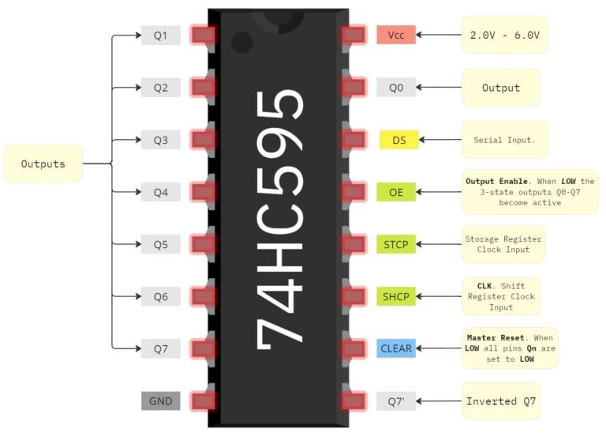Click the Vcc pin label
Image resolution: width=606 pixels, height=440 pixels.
click(395, 35)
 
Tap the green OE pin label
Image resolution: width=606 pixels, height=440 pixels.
click(395, 192)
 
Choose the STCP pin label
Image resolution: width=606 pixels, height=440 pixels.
click(395, 244)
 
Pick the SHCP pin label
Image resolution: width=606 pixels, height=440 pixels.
click(395, 296)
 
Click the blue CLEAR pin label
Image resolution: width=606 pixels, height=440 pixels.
click(395, 348)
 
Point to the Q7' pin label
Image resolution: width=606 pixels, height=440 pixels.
click(395, 401)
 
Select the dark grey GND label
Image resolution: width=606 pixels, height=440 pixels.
click(160, 401)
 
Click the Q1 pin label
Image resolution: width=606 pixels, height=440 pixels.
click(160, 36)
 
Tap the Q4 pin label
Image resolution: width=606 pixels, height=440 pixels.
click(160, 192)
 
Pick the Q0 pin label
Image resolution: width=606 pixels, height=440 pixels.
click(395, 88)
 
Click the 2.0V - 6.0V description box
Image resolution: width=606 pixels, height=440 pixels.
click(504, 35)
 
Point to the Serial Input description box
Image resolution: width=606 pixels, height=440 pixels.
click(504, 140)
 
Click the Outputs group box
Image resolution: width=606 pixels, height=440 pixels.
click(43, 164)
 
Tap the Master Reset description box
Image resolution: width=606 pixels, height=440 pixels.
click(509, 348)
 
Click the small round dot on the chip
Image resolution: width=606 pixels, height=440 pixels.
click(242, 42)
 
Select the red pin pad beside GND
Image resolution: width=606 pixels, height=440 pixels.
click(204, 401)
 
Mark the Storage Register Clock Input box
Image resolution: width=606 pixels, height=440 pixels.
click(503, 244)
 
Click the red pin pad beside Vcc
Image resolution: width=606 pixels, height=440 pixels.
click(353, 35)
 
